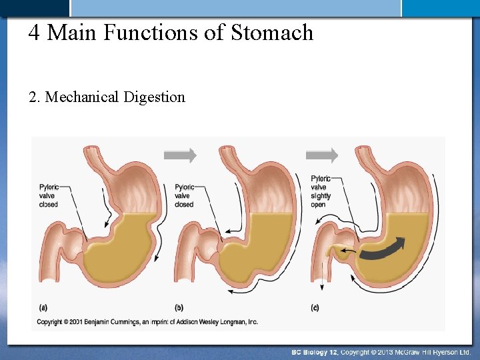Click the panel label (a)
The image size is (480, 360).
click(43, 307)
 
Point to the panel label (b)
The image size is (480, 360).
click(179, 307)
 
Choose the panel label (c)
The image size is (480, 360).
click(315, 307)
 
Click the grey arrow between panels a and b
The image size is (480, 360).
click(180, 155)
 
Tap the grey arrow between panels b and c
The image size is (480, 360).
click(321, 155)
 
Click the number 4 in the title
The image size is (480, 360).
click(34, 32)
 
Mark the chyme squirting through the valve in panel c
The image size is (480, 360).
click(341, 252)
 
